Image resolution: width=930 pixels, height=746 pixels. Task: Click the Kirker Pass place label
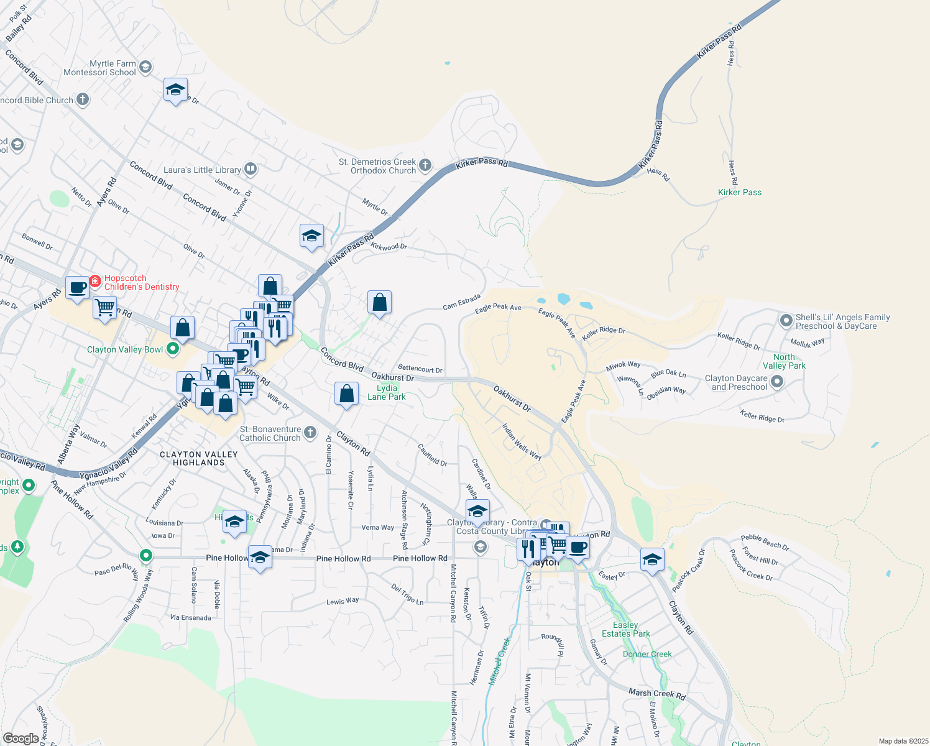[739, 192]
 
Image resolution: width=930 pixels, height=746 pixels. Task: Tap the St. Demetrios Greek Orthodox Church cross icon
[425, 165]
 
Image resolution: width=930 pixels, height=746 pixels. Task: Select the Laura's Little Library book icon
[250, 168]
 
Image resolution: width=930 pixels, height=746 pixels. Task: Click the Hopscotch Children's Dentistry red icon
[95, 281]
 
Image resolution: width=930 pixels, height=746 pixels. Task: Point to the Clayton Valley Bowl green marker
[173, 349]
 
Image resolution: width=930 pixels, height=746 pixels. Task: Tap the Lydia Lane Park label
[387, 392]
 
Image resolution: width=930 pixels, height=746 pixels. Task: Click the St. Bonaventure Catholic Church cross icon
[310, 433]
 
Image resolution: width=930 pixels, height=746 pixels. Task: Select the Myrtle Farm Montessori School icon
[145, 67]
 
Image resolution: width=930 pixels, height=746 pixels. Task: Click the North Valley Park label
[784, 361]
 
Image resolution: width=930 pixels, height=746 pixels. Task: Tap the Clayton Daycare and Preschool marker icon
[777, 382]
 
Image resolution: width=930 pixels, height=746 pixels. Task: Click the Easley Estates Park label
[626, 629]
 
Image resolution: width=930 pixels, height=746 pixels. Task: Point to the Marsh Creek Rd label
[656, 694]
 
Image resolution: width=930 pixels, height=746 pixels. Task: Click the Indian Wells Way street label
[522, 442]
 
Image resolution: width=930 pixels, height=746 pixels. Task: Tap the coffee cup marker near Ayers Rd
[77, 288]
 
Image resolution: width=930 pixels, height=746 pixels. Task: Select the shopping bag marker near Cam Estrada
[379, 303]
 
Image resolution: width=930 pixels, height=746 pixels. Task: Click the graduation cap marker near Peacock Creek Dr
[652, 560]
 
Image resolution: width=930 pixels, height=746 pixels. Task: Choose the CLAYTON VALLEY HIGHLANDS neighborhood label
[198, 458]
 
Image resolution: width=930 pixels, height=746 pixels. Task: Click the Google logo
[21, 738]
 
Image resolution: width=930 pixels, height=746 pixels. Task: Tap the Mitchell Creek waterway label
[499, 661]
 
